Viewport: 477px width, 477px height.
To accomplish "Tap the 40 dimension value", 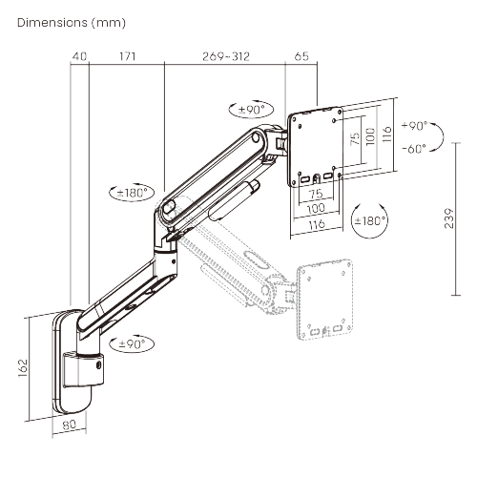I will pos(80,56).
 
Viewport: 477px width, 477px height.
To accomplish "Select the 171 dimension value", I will pos(126,56).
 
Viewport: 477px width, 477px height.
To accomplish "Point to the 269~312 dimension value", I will pos(226,56).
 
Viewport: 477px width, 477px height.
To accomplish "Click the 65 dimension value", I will pos(301,56).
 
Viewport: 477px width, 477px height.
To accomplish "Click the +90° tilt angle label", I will pos(416,126).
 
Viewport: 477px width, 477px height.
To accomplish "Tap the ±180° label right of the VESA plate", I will pos(370,220).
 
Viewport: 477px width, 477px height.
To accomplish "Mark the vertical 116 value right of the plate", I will pos(385,134).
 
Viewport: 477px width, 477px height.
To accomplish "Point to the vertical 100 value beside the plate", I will pos(369,135).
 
